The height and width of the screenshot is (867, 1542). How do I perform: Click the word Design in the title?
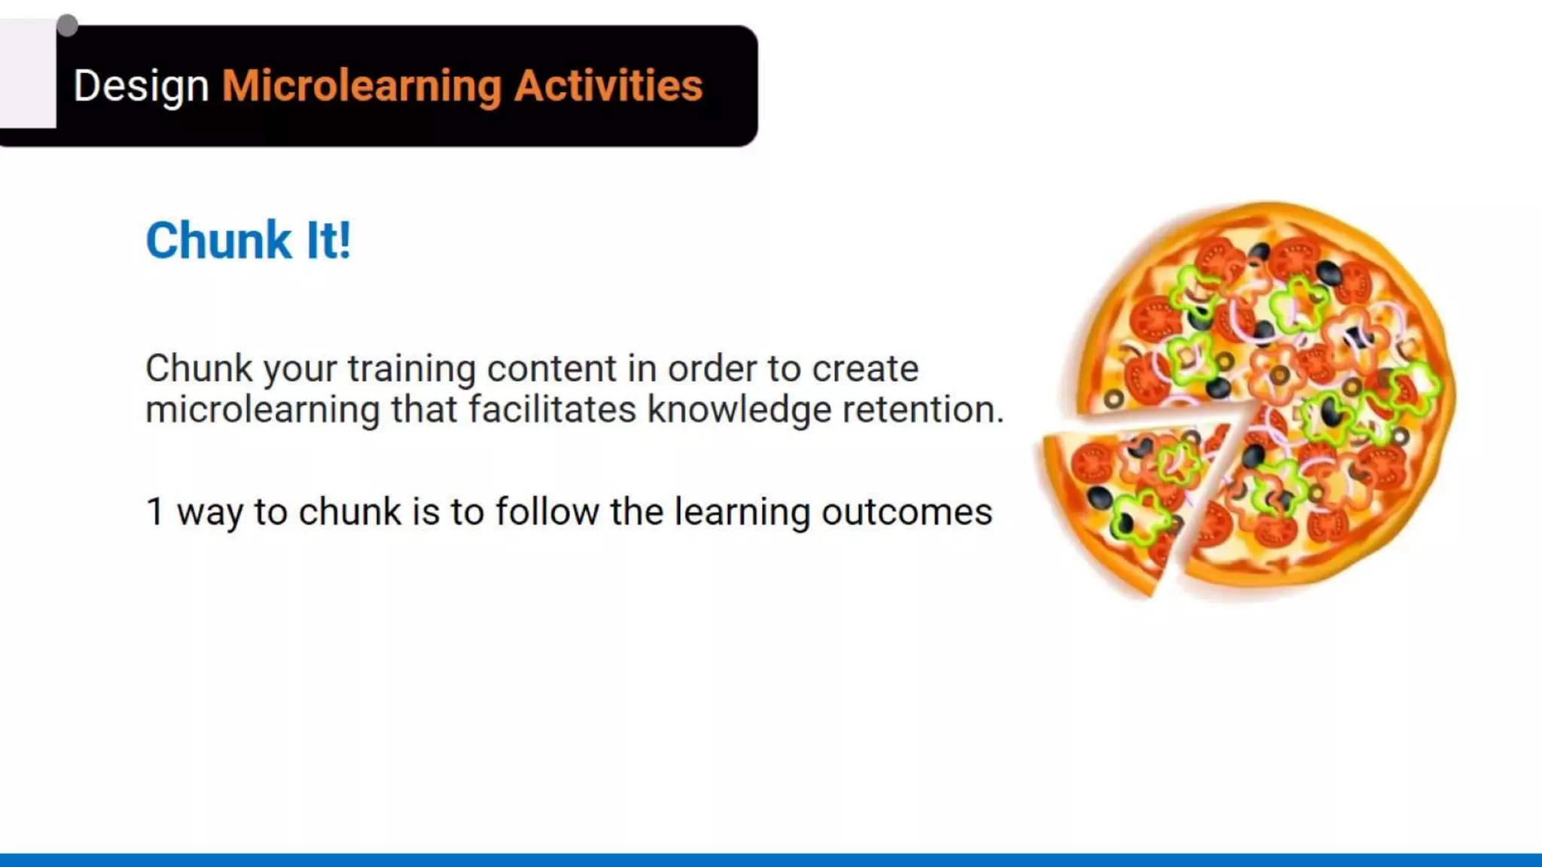point(141,86)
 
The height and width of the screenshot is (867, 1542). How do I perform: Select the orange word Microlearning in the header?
point(361,86)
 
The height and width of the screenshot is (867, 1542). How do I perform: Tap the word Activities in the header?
point(608,86)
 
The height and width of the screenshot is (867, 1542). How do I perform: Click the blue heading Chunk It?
point(248,241)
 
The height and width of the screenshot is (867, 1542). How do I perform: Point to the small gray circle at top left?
point(67,26)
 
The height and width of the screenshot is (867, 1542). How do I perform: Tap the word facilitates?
point(553,410)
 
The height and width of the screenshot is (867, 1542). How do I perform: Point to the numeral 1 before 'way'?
point(154,512)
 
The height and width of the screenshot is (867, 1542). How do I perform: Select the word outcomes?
point(907,512)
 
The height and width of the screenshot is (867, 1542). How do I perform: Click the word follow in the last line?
point(547,512)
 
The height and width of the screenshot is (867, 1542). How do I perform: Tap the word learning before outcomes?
point(742,512)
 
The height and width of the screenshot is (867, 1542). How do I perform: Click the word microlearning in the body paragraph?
point(263,410)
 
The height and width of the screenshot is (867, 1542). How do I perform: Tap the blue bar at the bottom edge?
point(771,859)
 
